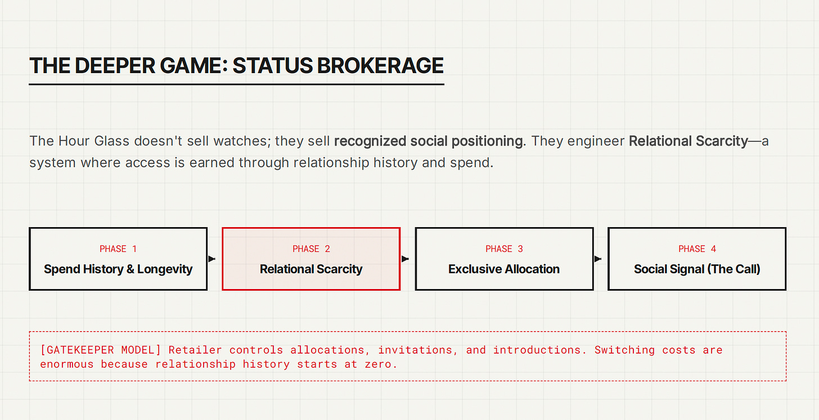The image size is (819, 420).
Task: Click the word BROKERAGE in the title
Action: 380,66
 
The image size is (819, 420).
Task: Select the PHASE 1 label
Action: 118,249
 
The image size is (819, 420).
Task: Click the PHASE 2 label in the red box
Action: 311,249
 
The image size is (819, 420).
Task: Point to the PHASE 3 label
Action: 504,249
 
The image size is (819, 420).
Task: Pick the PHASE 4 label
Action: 697,249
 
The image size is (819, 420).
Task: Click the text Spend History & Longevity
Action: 118,269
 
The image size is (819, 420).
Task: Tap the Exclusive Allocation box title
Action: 504,269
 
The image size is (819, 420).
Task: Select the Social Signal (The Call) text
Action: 697,269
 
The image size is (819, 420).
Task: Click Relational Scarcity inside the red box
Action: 311,269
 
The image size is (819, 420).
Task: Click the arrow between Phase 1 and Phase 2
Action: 211,259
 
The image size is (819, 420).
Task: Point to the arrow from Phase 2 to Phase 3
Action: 405,259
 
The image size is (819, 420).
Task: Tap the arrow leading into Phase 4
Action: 598,259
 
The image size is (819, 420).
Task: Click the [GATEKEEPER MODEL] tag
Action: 101,350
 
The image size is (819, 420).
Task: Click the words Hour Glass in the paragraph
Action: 93,141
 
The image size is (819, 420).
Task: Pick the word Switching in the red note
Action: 624,350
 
